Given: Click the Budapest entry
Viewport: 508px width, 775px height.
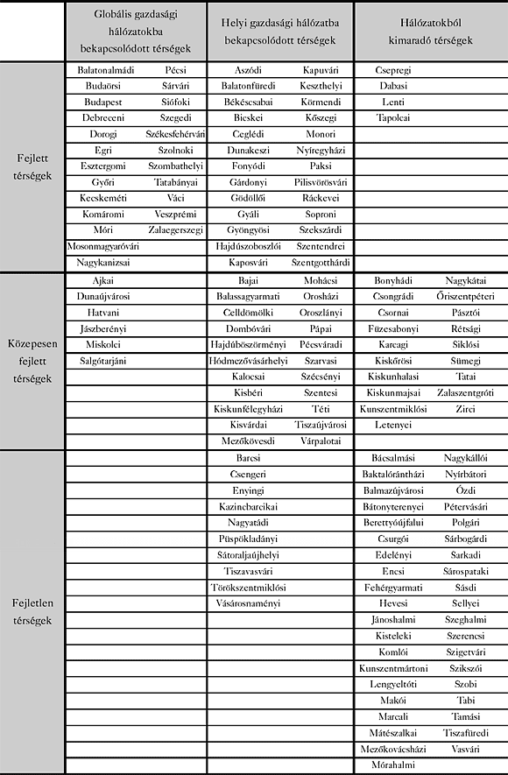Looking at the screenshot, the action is (x=102, y=102).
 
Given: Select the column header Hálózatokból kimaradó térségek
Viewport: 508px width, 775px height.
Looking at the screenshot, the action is (x=430, y=32).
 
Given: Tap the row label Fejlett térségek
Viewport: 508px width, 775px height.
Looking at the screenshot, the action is (x=32, y=166).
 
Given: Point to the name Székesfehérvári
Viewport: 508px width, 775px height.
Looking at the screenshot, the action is (x=175, y=134).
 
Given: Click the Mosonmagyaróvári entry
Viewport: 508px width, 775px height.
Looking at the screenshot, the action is (x=102, y=247).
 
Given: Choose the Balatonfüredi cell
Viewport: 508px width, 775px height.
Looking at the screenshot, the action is (x=249, y=86).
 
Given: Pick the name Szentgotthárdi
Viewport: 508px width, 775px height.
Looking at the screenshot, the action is (x=321, y=263).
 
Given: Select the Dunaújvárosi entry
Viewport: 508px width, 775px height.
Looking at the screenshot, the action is (x=102, y=296).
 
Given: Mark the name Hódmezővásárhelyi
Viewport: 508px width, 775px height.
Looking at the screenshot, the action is (x=249, y=361).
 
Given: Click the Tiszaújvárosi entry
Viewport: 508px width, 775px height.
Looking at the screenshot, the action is (x=321, y=425).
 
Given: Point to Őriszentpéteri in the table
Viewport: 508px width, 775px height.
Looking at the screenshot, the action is (x=466, y=296).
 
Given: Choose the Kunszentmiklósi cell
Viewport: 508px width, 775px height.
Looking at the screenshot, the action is (x=393, y=409).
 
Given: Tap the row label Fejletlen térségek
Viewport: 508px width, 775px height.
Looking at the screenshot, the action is (x=32, y=611).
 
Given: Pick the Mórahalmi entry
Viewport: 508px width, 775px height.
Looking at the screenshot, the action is (x=393, y=764).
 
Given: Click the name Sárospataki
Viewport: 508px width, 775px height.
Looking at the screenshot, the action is (x=466, y=570).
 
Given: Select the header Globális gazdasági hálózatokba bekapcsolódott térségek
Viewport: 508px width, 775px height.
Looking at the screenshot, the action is (x=137, y=32).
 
